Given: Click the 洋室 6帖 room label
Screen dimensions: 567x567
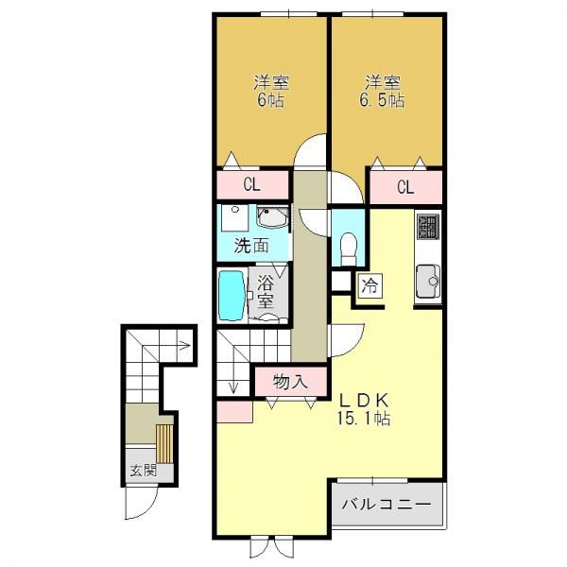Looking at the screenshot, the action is [271, 92].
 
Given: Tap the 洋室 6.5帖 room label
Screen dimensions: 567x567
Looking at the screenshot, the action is [382, 92].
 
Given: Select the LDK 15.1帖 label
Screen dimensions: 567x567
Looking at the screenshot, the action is [364, 409].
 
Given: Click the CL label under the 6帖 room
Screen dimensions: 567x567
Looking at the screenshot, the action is [251, 185].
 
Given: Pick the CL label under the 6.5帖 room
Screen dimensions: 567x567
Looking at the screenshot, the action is [405, 187].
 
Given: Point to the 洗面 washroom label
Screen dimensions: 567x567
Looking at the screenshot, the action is [251, 246].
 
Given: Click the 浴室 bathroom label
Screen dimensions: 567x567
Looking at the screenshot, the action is [265, 292].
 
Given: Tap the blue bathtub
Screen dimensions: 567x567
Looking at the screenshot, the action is [232, 296].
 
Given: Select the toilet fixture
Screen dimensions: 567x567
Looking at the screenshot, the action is [349, 249].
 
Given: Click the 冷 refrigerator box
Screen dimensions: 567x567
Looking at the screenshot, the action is [369, 285].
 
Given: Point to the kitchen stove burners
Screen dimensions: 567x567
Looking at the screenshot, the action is [428, 227].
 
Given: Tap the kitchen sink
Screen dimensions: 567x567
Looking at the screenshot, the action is [428, 281].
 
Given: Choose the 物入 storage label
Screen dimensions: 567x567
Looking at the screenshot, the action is [290, 382].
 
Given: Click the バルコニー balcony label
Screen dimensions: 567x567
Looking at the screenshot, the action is [387, 504].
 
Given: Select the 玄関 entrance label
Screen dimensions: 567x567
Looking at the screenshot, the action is [144, 471].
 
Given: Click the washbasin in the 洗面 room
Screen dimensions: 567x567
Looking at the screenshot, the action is [273, 217].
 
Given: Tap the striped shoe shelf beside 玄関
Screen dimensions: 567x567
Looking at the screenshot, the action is [164, 444].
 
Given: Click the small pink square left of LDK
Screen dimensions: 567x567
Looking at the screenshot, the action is [234, 411].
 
